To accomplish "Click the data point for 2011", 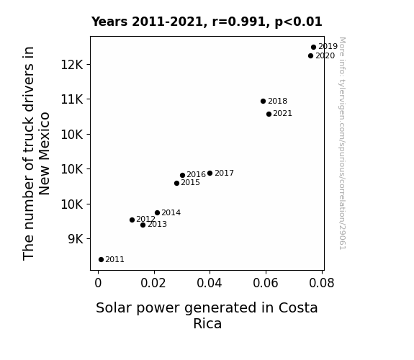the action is click(x=101, y=260).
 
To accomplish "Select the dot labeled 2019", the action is click(x=313, y=48).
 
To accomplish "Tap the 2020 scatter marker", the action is click(x=310, y=55).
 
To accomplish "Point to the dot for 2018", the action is click(x=263, y=101).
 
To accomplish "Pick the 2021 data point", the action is click(x=269, y=114).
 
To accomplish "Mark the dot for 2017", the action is click(x=210, y=174).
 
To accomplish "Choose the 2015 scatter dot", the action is click(x=176, y=184).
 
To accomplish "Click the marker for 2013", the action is click(x=143, y=225).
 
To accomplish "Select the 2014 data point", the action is click(x=157, y=213).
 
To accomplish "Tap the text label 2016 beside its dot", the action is click(x=196, y=174).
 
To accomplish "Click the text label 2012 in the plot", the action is click(x=145, y=219).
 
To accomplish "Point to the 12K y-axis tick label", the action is click(x=72, y=65).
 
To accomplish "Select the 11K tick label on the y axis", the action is click(x=72, y=99).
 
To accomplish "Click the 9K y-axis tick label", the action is click(x=76, y=239).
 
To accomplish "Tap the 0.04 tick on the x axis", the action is click(x=210, y=283).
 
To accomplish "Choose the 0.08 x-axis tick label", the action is click(x=322, y=283).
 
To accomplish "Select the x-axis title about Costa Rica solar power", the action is click(x=207, y=315).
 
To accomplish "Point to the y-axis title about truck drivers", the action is click(x=37, y=153).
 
